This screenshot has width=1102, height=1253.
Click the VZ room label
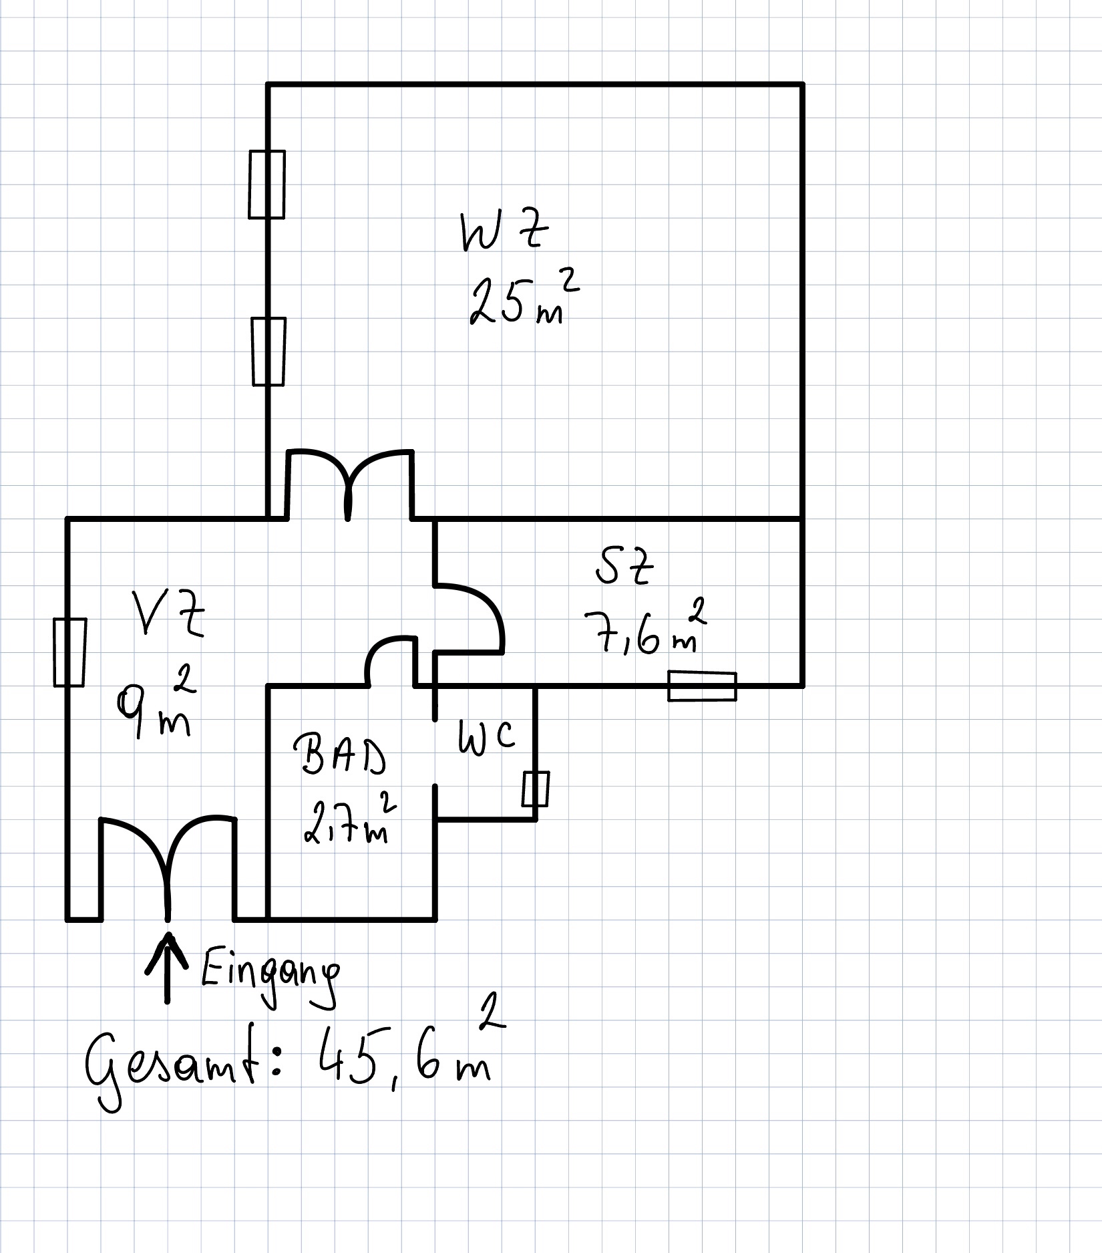coord(167,613)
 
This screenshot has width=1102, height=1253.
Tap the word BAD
coord(340,754)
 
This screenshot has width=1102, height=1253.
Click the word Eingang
coord(270,980)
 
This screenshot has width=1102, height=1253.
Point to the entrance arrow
coord(167,968)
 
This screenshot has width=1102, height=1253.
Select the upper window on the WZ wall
coord(266,184)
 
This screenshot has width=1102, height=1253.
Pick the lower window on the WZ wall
coord(268,352)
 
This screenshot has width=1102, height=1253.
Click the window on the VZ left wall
coord(69,652)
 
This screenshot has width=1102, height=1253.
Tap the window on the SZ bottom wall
coord(702,686)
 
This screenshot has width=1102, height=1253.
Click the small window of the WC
coord(536,789)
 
